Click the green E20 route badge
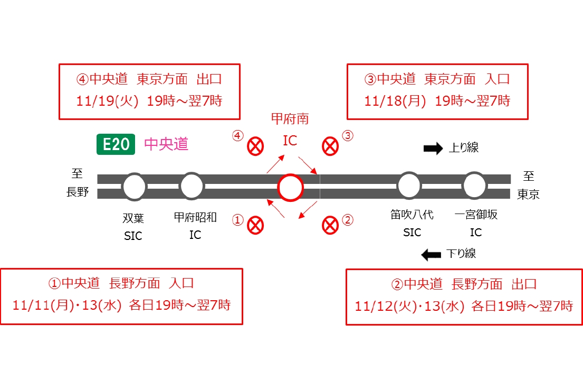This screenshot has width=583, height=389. pyautogui.click(x=116, y=144)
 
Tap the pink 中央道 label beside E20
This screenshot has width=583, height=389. pyautogui.click(x=166, y=144)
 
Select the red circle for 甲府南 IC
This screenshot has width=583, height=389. pyautogui.click(x=290, y=187)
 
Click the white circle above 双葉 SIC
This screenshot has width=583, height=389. pyautogui.click(x=134, y=187)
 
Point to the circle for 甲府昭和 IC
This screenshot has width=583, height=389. pyautogui.click(x=192, y=186)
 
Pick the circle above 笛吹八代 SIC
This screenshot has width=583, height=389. pyautogui.click(x=409, y=186)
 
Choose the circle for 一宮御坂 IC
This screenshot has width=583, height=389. pyautogui.click(x=474, y=186)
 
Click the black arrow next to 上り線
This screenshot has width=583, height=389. pyautogui.click(x=433, y=149)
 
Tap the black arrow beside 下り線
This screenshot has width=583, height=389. pyautogui.click(x=431, y=255)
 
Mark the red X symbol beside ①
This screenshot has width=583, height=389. pyautogui.click(x=255, y=225)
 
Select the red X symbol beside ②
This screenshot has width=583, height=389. pyautogui.click(x=330, y=225)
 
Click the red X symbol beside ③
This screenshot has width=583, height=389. pyautogui.click(x=330, y=146)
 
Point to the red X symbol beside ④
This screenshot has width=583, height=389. pyautogui.click(x=255, y=146)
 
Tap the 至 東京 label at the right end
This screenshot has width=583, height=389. pyautogui.click(x=528, y=184)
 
